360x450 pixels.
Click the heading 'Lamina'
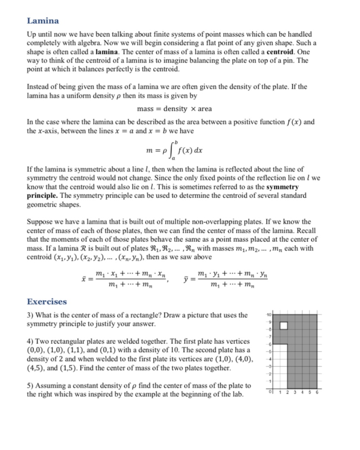[43, 20]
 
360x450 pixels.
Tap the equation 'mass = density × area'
[174, 109]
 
